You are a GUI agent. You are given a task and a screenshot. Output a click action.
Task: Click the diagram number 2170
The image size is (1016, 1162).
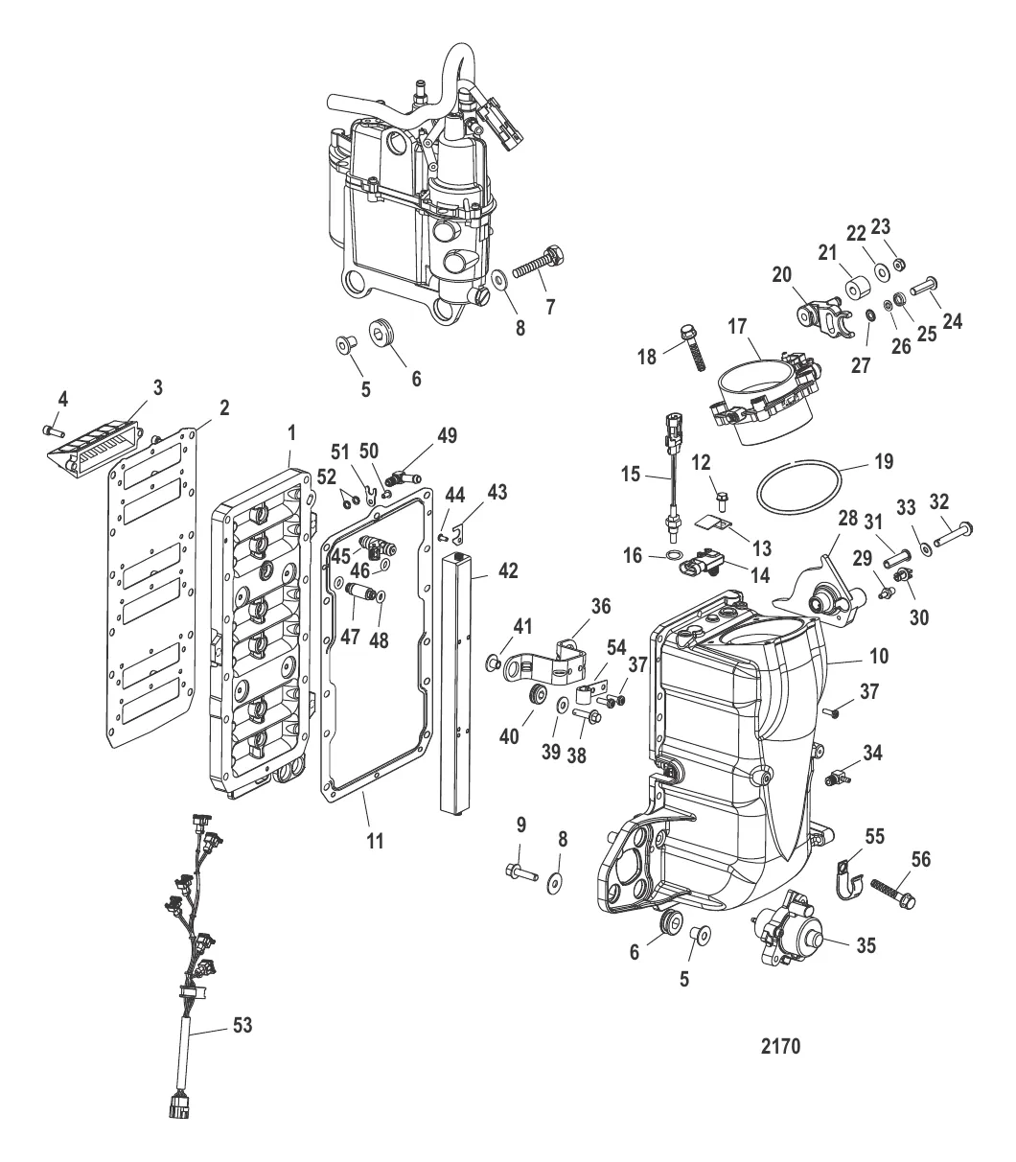click(780, 1046)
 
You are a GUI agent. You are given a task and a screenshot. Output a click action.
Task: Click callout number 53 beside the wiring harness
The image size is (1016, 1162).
click(242, 1025)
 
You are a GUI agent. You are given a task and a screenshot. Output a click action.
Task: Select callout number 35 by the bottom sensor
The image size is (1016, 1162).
click(866, 945)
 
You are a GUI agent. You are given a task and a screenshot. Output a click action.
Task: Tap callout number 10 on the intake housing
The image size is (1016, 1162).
click(879, 656)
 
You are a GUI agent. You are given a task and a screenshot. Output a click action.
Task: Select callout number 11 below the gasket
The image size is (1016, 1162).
click(375, 841)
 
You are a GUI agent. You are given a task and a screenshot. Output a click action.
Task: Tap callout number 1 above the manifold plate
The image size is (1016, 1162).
click(291, 433)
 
